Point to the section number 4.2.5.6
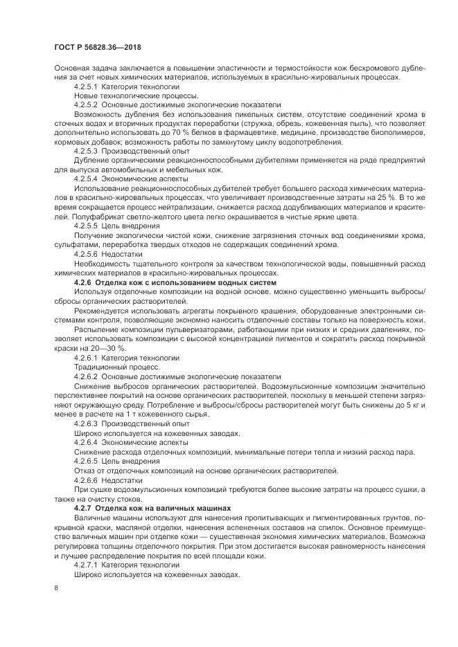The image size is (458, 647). tap(86, 254)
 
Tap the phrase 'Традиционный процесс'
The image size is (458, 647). tap(112, 366)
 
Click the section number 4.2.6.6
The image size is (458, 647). tap(86, 480)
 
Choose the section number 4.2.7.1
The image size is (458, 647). tap(86, 564)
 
